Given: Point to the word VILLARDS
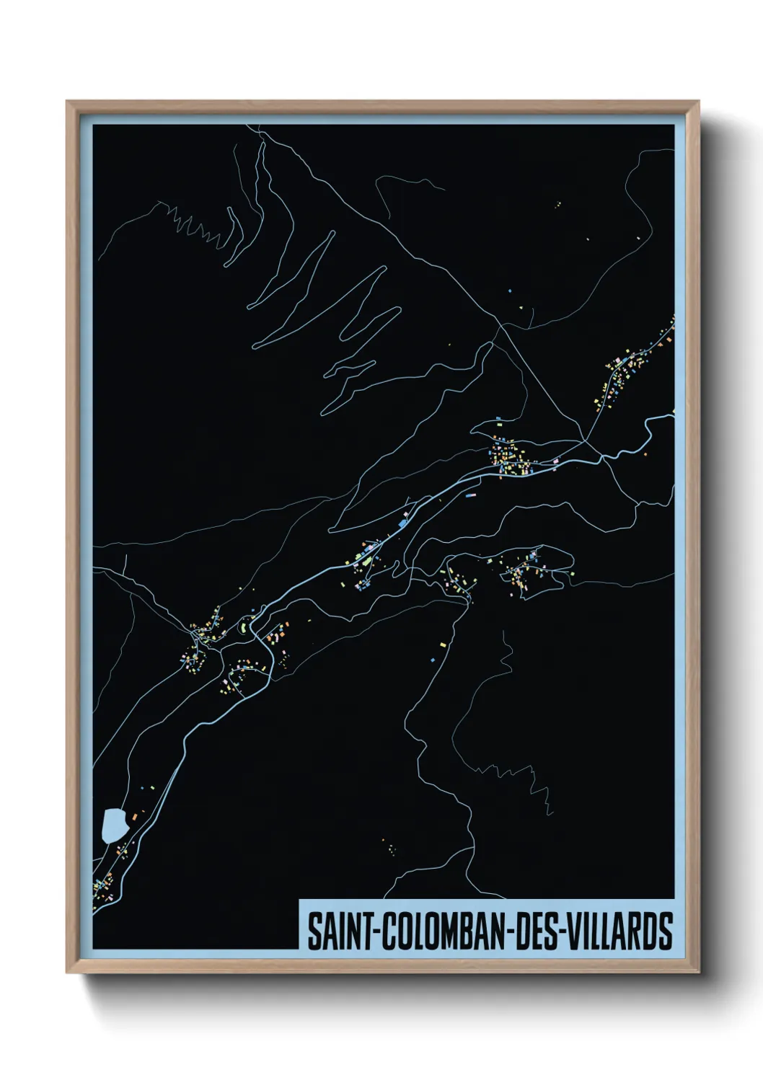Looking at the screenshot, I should (x=620, y=931).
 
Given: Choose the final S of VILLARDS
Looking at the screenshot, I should (x=666, y=931).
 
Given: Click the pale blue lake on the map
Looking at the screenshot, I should (x=114, y=825).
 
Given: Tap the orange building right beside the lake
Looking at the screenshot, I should (x=133, y=815).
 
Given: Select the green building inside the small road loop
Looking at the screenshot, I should (x=243, y=628).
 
